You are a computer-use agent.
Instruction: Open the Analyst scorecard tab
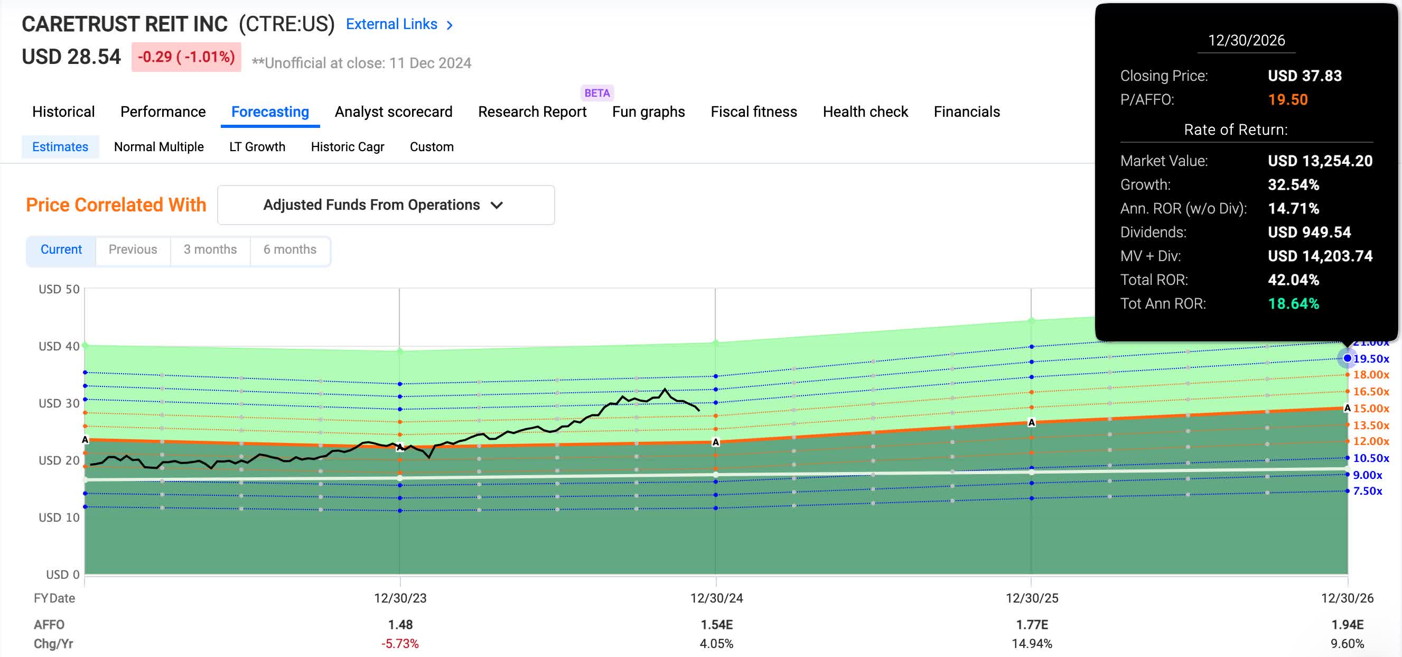click(393, 112)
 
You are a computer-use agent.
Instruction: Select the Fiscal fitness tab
click(753, 112)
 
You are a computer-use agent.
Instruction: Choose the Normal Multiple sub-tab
click(158, 146)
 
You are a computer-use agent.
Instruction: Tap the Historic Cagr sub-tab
click(347, 146)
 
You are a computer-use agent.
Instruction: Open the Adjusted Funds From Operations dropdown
click(385, 205)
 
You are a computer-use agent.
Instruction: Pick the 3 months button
click(210, 249)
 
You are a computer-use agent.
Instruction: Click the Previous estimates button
click(133, 249)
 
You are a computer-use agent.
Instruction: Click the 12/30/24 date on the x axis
click(716, 598)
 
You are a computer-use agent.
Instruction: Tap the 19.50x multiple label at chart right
click(1370, 358)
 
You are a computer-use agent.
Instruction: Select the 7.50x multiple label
click(1367, 491)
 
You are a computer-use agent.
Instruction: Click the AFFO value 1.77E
click(1032, 624)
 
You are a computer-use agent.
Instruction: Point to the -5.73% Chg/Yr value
click(400, 643)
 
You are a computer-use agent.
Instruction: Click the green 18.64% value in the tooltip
click(1293, 303)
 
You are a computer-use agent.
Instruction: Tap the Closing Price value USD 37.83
click(1304, 76)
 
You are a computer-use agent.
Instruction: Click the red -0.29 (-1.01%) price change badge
click(186, 57)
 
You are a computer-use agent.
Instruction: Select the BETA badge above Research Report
click(596, 92)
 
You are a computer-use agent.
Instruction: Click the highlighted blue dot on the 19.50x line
click(1347, 358)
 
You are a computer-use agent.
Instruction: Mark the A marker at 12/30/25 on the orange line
click(1031, 422)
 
